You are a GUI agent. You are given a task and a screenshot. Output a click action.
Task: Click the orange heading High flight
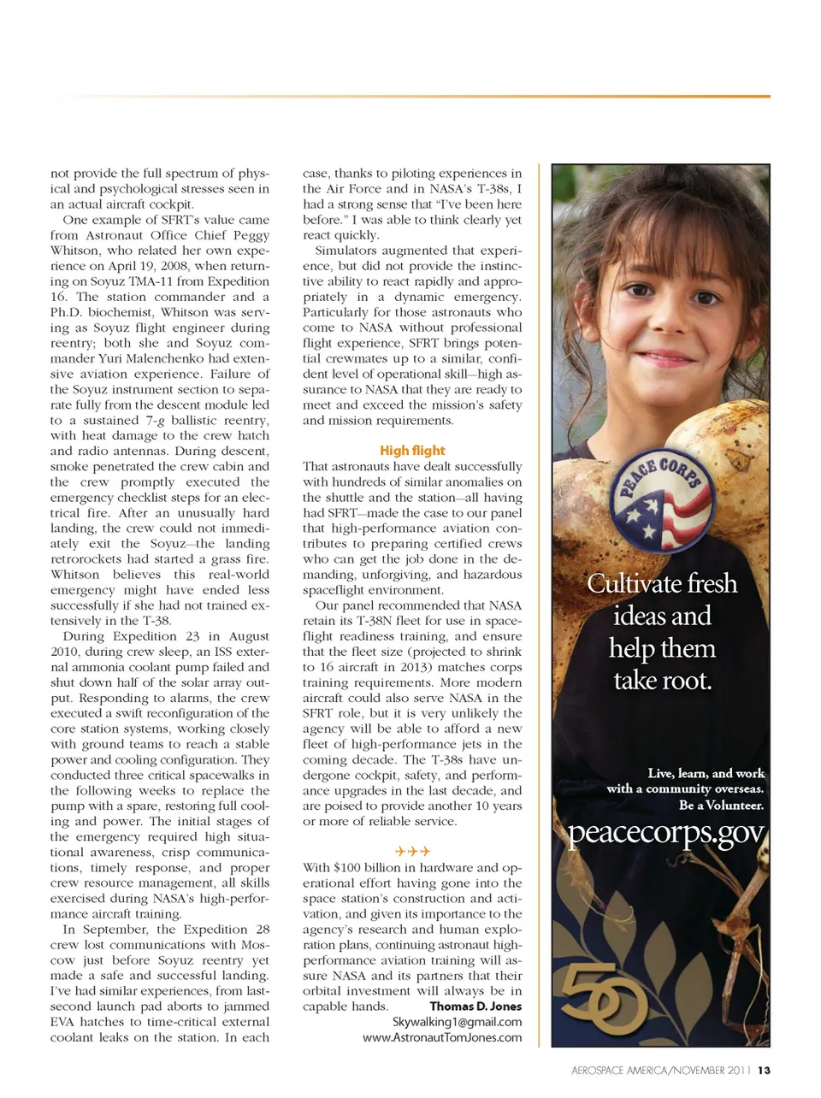412,451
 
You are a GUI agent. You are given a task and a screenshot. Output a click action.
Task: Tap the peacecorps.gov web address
666,833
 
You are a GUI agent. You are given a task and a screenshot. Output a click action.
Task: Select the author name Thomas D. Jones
475,1006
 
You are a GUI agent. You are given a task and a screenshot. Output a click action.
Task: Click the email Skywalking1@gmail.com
457,1022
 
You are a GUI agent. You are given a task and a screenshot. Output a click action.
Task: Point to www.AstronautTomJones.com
442,1037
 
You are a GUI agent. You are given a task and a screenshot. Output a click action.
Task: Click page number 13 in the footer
764,1071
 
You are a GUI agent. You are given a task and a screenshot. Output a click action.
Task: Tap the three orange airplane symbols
412,851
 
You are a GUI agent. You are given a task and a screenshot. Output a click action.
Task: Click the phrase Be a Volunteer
721,805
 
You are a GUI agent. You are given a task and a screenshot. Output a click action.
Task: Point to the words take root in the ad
662,681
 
